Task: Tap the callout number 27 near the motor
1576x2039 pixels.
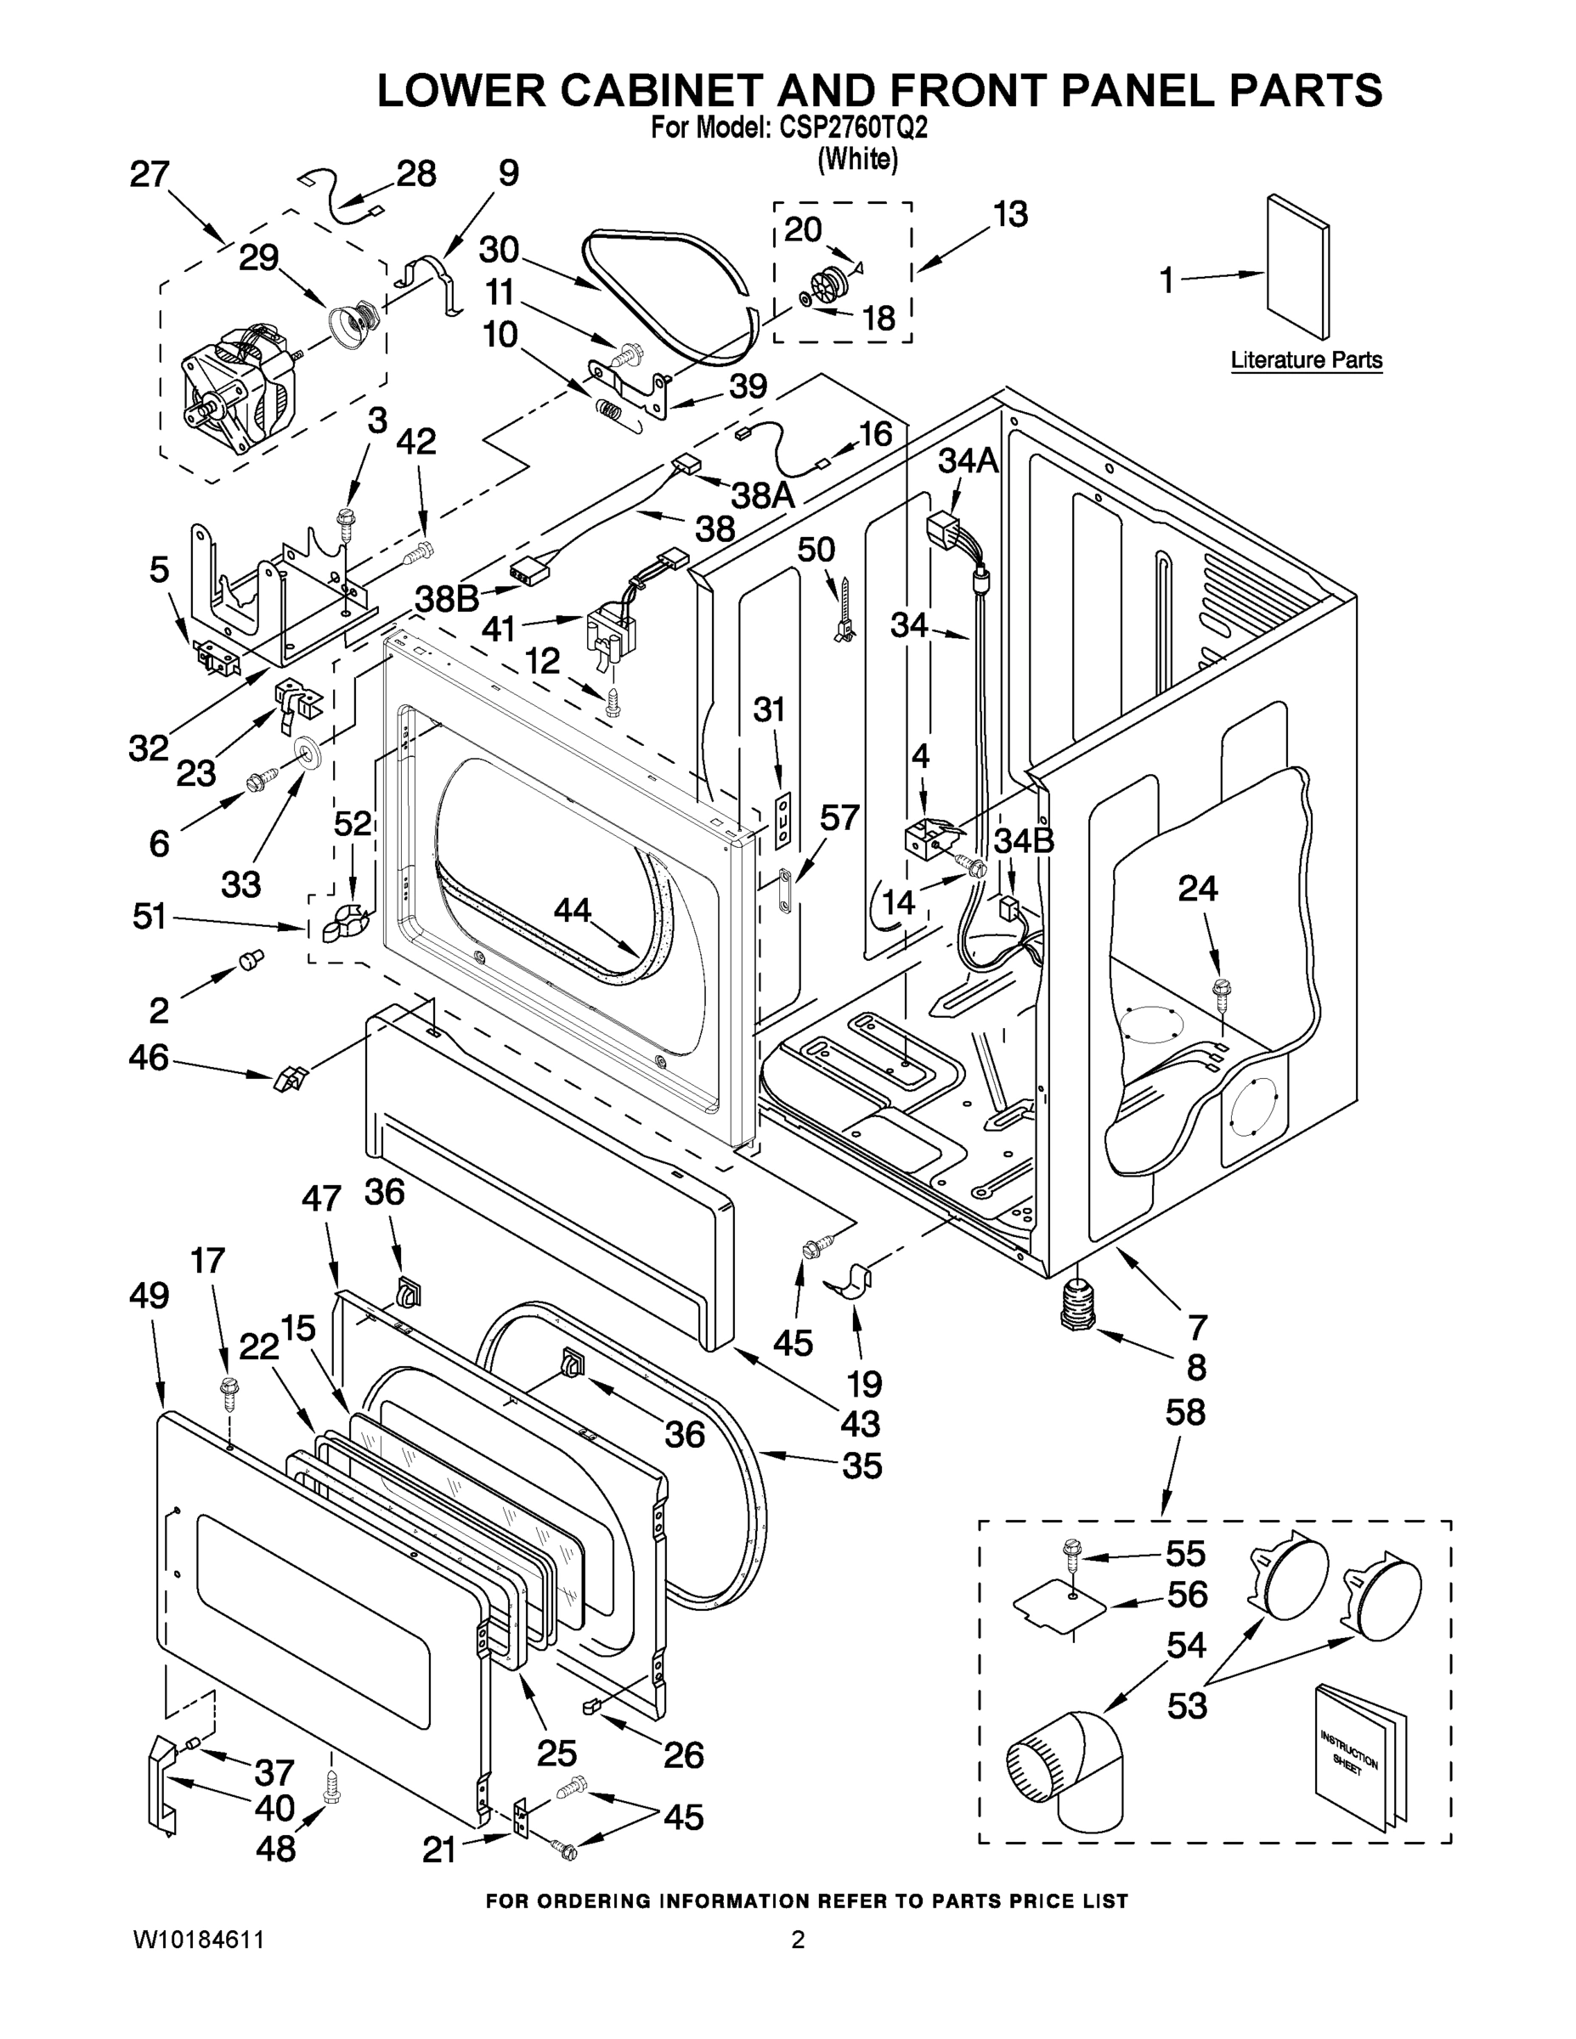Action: (150, 173)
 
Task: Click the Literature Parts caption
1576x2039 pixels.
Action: (1305, 360)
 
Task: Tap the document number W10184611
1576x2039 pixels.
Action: (198, 1940)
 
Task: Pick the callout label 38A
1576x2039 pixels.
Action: (762, 494)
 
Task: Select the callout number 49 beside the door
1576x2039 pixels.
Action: (150, 1296)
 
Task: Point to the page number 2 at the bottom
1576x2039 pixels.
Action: (797, 1940)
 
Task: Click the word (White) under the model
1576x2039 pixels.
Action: (857, 160)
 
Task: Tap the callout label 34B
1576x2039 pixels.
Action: (1023, 840)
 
